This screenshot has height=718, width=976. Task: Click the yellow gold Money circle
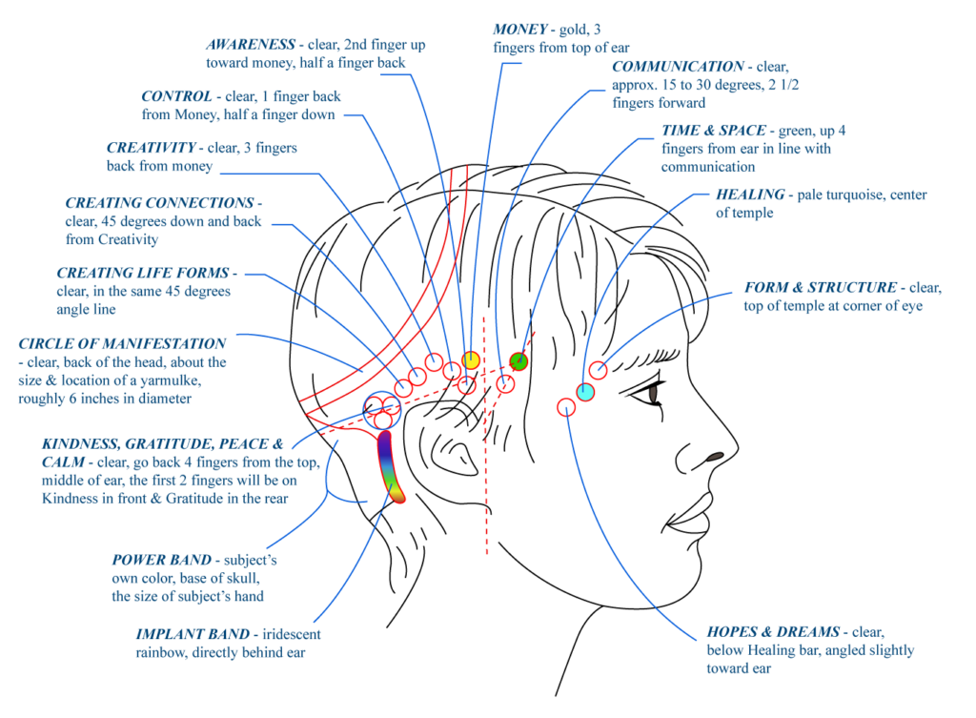471,359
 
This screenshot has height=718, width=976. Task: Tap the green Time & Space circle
518,361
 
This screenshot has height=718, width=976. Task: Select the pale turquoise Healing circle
585,392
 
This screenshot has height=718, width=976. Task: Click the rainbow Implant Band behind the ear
391,467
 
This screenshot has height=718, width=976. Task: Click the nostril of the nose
715,457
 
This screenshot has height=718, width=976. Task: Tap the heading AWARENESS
251,44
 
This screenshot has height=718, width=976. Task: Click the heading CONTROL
176,96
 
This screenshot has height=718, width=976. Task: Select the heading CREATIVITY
152,148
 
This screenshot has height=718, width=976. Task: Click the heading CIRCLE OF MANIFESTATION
122,343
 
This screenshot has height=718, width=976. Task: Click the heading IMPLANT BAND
193,634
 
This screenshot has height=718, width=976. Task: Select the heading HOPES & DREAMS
773,631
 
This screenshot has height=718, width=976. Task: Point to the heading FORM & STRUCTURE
821,288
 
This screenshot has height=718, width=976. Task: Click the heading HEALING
750,195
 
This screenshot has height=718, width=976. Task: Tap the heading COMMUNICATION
678,67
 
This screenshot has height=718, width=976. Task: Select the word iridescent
292,634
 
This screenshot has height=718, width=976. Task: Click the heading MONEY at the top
520,30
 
